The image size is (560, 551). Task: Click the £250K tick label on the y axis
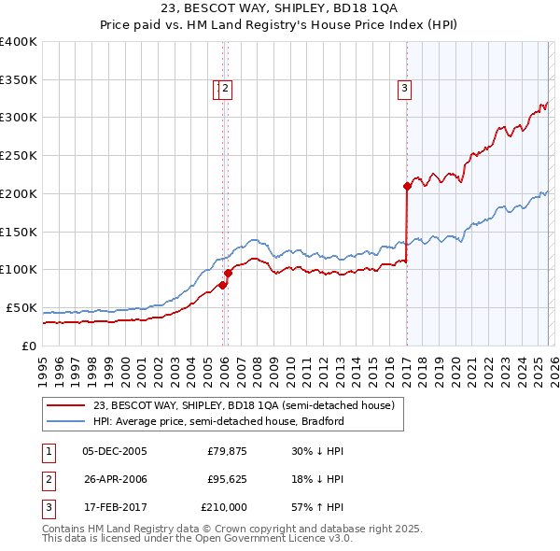(x=19, y=156)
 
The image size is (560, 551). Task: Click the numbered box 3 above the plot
(x=405, y=89)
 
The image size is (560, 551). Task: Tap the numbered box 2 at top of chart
(x=227, y=89)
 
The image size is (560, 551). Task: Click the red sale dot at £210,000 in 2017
(x=407, y=186)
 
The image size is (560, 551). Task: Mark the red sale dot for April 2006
(x=228, y=273)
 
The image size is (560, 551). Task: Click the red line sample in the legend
(x=65, y=406)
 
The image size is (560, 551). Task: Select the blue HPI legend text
(x=218, y=421)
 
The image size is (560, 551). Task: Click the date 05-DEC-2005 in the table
(x=114, y=451)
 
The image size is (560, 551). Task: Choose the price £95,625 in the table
(x=227, y=479)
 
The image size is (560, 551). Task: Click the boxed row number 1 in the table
(x=48, y=451)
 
